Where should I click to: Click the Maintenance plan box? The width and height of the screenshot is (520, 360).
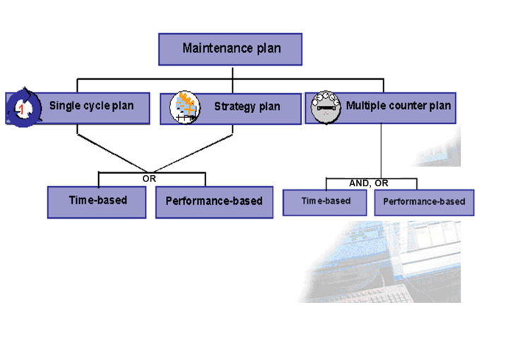[230, 49]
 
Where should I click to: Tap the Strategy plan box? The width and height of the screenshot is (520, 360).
[230, 108]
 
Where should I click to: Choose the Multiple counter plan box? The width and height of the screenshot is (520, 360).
[380, 107]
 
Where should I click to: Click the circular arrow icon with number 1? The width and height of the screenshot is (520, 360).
[21, 109]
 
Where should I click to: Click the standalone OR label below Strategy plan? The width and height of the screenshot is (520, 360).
[149, 179]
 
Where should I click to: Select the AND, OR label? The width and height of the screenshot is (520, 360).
[369, 183]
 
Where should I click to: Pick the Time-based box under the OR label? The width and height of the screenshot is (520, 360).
[97, 201]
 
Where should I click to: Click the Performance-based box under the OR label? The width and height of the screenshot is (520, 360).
[214, 201]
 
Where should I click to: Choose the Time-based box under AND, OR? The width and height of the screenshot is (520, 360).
[326, 202]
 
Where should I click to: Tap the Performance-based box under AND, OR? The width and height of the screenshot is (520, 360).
[424, 203]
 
